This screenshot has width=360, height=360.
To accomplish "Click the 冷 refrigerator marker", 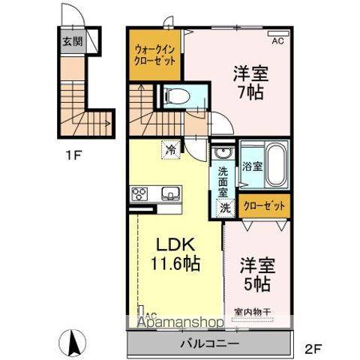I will pos(171,149).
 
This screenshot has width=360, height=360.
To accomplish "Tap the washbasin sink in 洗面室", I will pos(223,153).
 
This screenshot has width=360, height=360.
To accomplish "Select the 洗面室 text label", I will pos(223,182).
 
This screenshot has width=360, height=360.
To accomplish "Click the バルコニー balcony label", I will pos(209,343).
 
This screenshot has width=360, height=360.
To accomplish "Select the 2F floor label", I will pos(313,348).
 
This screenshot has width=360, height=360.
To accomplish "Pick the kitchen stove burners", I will pos(141,194).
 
